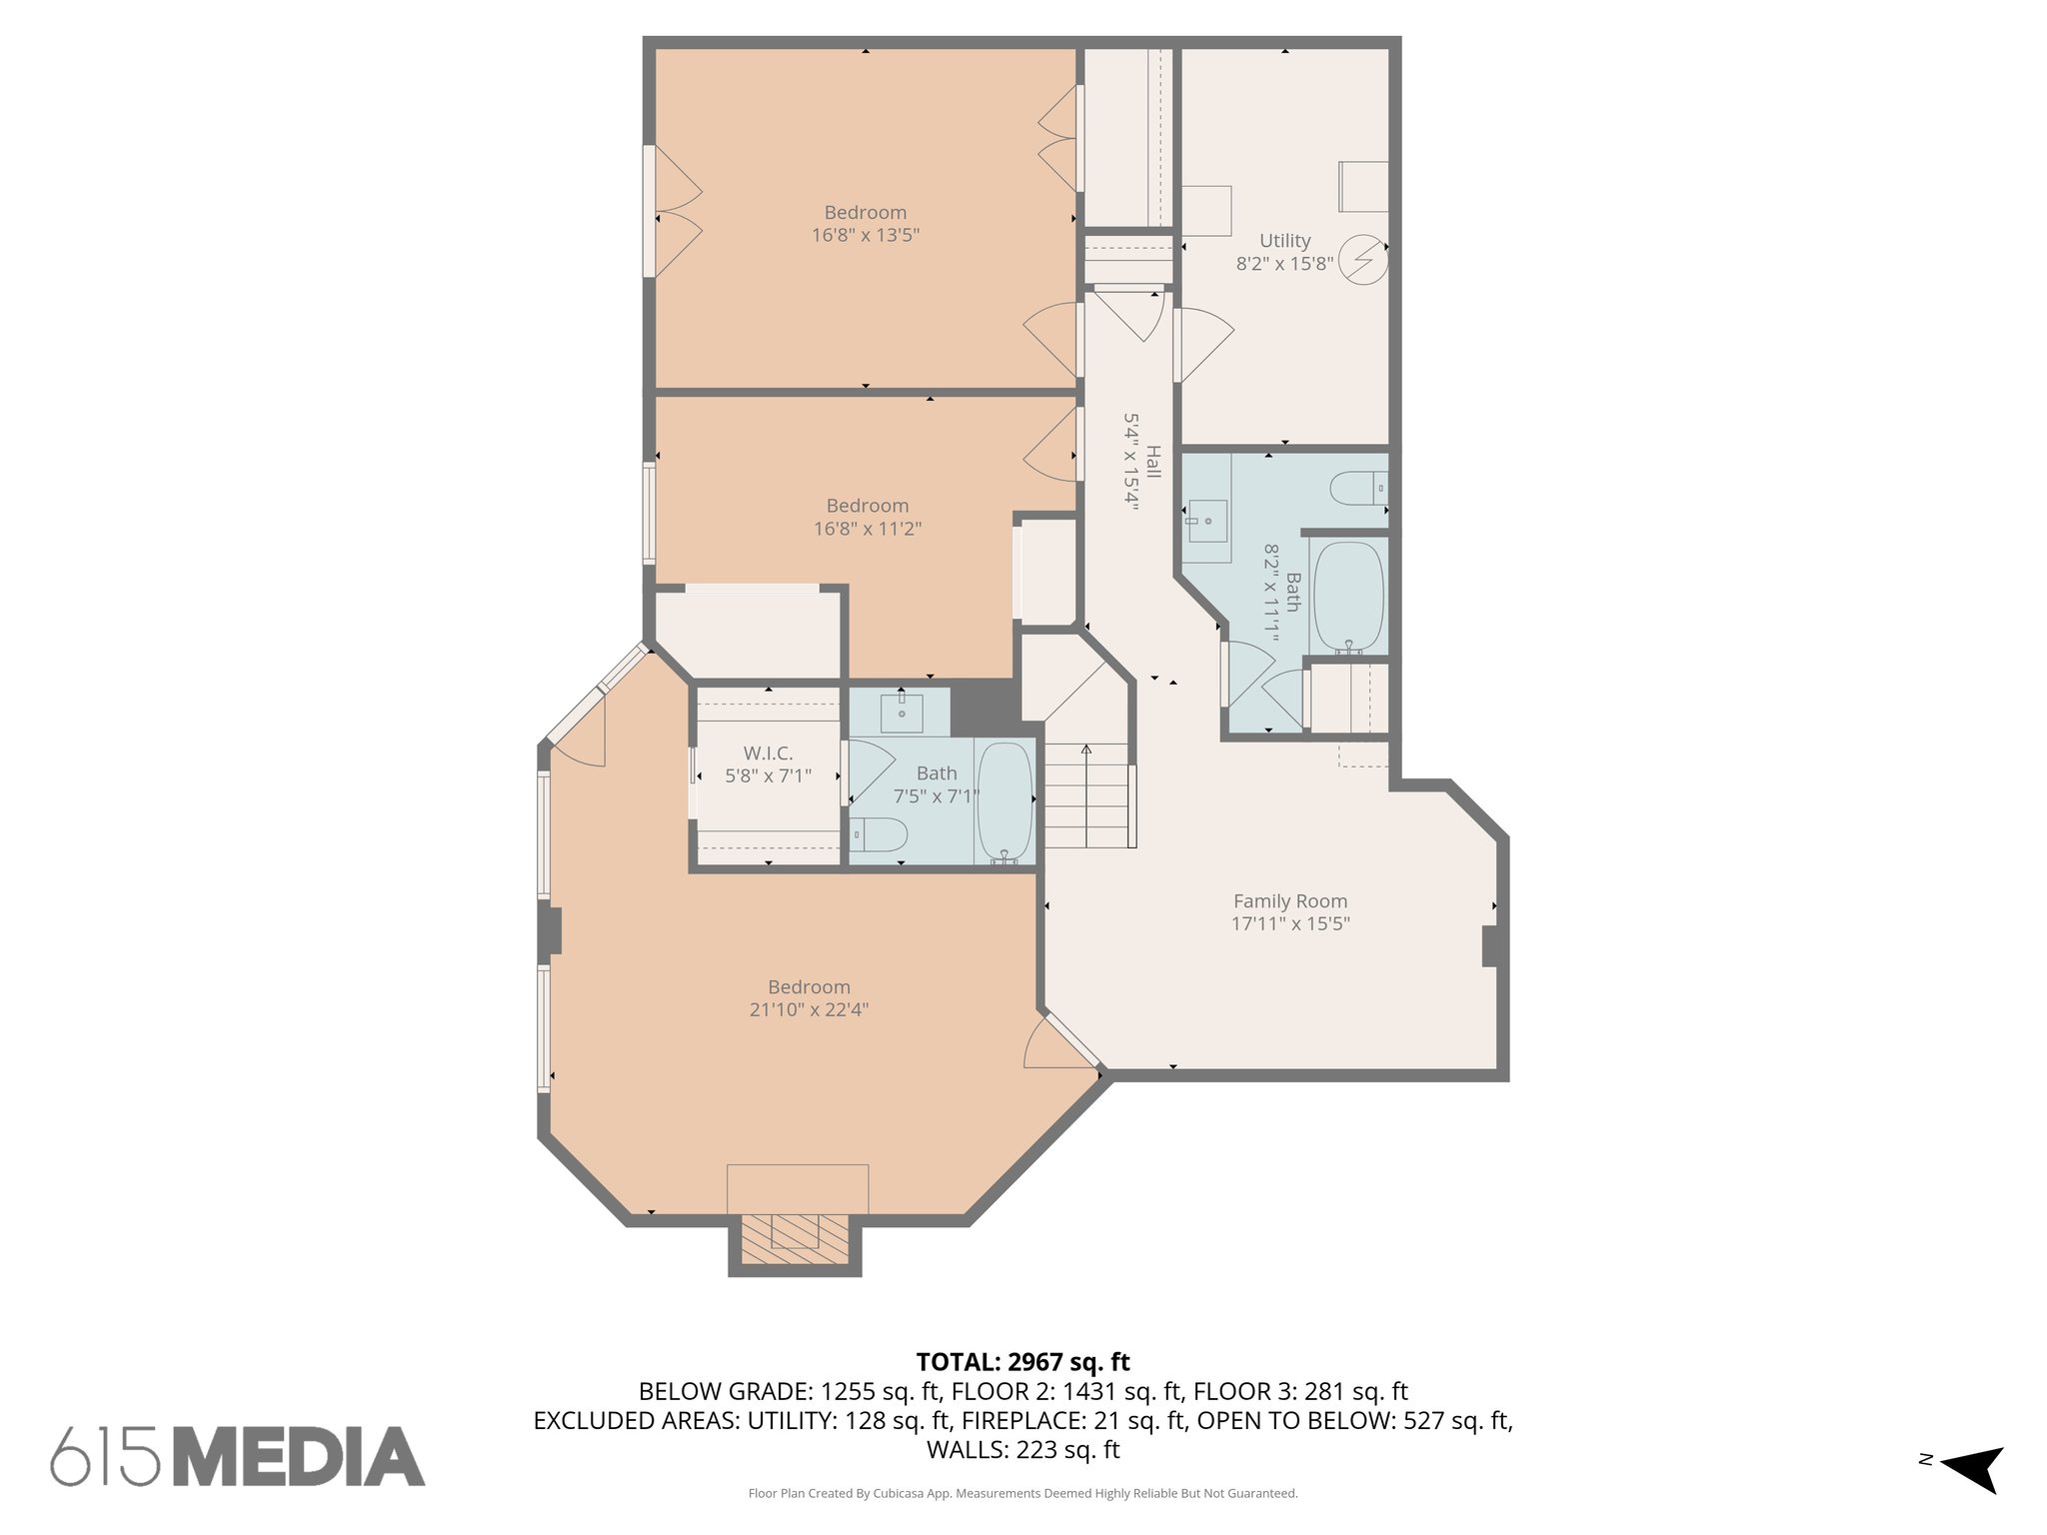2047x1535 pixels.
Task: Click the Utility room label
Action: [1284, 241]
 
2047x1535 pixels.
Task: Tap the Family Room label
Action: [1289, 901]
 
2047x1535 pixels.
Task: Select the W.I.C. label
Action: [768, 754]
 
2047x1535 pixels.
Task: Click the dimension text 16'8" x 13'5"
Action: [865, 236]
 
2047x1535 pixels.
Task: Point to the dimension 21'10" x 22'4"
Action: [809, 1010]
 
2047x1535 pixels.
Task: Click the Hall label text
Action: [1152, 462]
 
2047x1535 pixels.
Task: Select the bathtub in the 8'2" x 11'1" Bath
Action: [1348, 598]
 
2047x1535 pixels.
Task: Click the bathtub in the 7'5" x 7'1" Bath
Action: [1006, 802]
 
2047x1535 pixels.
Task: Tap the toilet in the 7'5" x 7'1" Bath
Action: [880, 833]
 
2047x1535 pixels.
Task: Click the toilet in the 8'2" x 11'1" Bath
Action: [1357, 490]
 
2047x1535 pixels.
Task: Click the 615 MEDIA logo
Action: [238, 1456]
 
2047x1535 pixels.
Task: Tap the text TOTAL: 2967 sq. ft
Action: [1023, 1362]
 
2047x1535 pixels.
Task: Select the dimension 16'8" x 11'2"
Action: [867, 529]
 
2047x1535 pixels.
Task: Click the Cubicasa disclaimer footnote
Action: [1023, 1494]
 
